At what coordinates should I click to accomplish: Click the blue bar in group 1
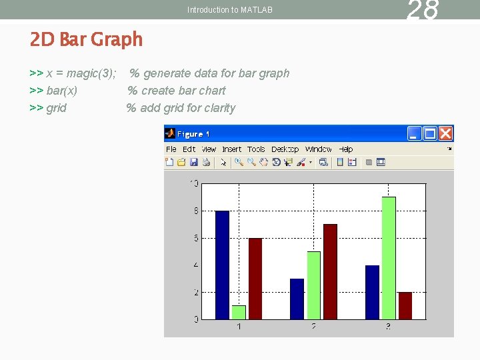[x=222, y=265]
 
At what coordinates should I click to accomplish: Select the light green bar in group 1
[x=239, y=312]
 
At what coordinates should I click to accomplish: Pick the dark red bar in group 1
[x=255, y=279]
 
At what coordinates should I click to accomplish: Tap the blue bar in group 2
[x=297, y=299]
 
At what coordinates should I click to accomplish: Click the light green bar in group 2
[x=313, y=285]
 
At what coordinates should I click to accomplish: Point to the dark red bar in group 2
[x=330, y=271]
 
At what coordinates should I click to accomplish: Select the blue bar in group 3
[x=372, y=292]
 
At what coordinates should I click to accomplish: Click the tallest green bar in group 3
[x=389, y=258]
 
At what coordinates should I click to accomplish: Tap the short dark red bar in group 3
[x=405, y=305]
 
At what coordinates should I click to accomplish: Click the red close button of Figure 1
[x=446, y=133]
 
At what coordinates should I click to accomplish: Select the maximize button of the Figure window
[x=431, y=133]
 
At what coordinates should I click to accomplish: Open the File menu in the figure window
[x=171, y=149]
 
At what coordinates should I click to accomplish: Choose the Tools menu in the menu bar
[x=256, y=149]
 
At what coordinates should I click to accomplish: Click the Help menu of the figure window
[x=346, y=149]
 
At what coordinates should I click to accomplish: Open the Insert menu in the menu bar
[x=232, y=149]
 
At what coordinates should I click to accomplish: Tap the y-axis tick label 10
[x=194, y=183]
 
